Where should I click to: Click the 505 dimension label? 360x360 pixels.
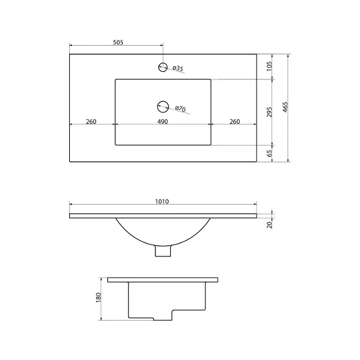pyautogui.click(x=118, y=42)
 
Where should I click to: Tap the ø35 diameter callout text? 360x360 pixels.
pyautogui.click(x=178, y=69)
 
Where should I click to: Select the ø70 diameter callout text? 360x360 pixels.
pyautogui.click(x=180, y=109)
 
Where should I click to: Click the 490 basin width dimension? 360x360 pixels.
pyautogui.click(x=162, y=122)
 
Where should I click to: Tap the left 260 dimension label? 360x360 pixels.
pyautogui.click(x=91, y=122)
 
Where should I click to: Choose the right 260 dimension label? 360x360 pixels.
pyautogui.click(x=235, y=122)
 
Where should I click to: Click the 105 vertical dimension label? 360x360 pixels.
pyautogui.click(x=269, y=66)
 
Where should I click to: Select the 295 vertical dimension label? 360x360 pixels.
pyautogui.click(x=269, y=112)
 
